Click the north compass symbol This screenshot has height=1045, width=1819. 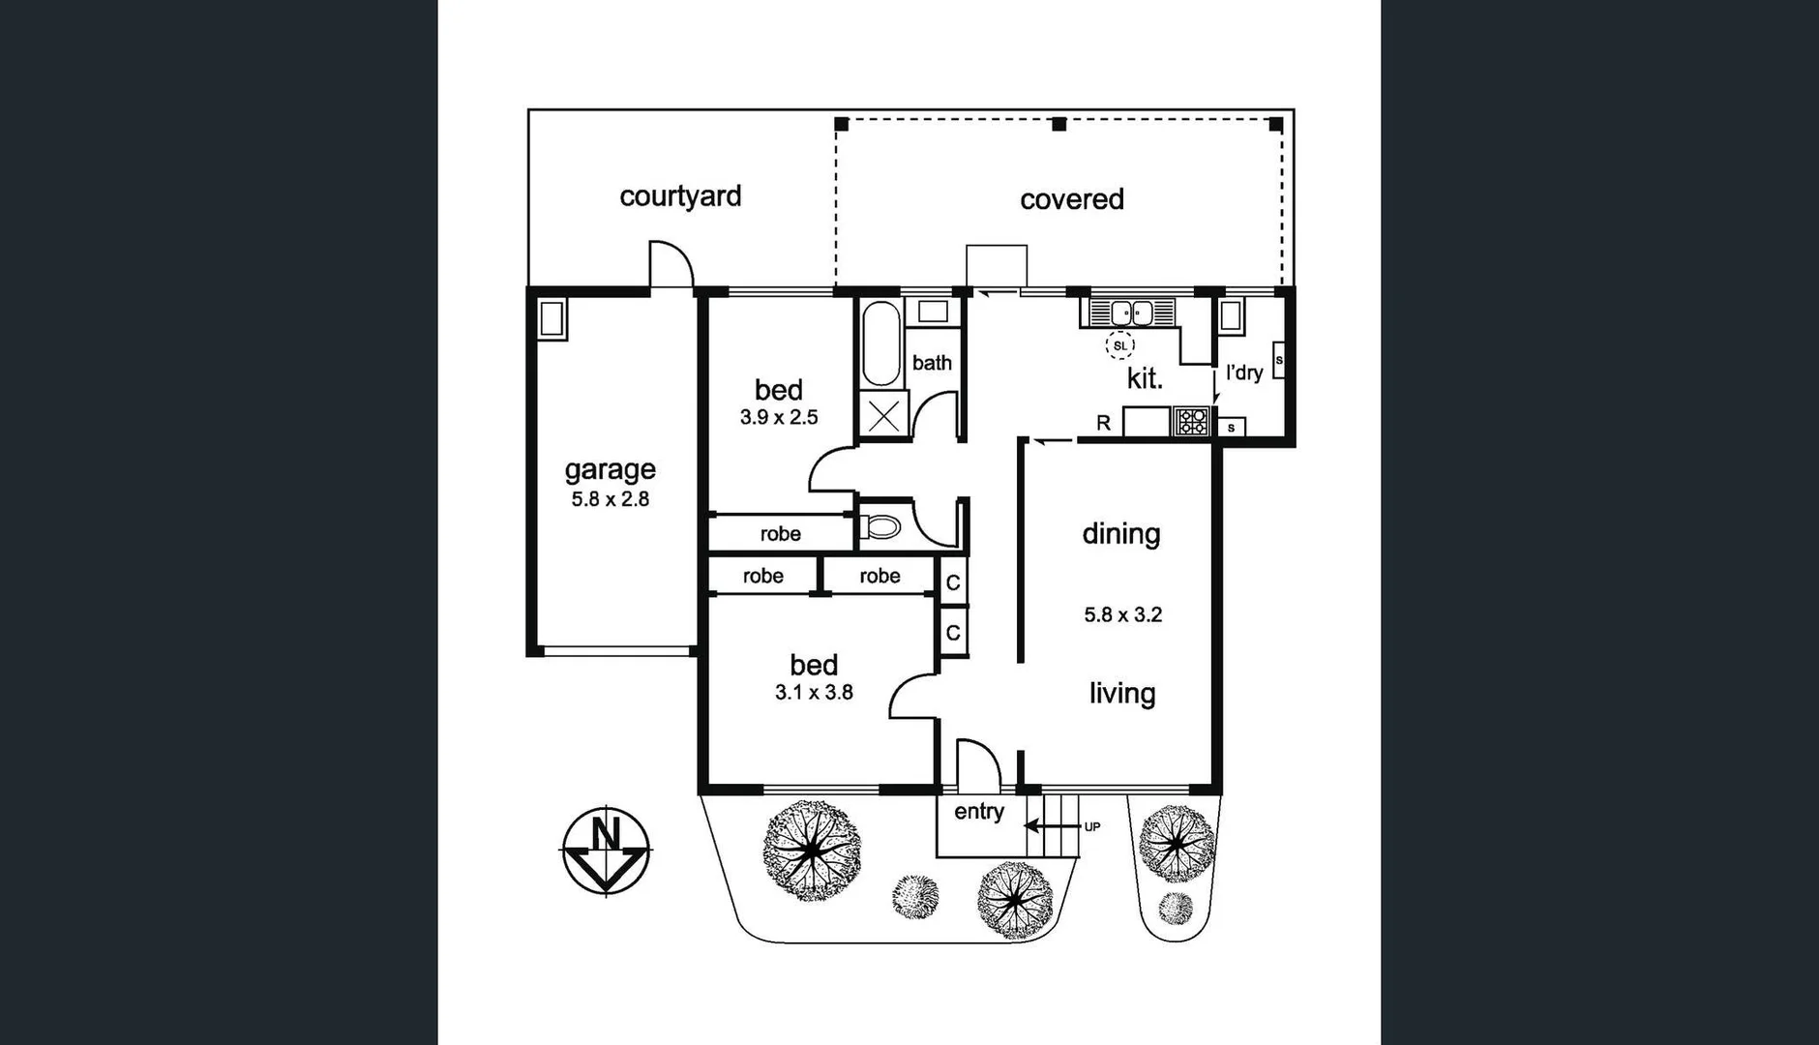607,851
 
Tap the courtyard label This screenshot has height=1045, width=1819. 680,196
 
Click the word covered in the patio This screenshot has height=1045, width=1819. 1071,199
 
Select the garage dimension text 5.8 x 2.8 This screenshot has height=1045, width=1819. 610,499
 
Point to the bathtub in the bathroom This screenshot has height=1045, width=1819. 880,343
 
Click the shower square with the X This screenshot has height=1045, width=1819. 882,417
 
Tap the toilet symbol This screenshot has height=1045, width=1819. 880,527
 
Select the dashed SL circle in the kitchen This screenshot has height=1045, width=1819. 1120,345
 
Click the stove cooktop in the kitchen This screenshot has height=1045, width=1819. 1192,422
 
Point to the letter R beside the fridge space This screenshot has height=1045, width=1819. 1103,423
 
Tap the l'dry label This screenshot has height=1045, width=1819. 1244,373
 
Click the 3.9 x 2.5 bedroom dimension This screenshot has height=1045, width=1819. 779,417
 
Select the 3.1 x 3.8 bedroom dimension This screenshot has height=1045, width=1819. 814,692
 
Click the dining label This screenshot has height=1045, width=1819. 1121,534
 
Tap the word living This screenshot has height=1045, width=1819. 1122,694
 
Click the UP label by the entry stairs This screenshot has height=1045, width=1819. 1091,826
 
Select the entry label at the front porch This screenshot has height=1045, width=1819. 979,812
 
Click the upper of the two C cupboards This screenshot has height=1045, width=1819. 953,582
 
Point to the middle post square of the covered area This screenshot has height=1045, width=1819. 1059,124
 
